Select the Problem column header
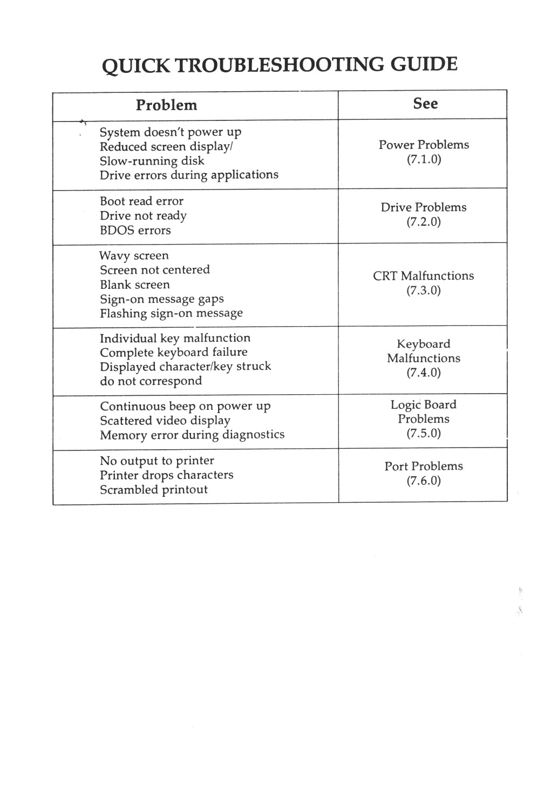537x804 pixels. point(166,105)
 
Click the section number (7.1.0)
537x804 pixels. point(424,159)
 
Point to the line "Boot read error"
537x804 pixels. point(141,201)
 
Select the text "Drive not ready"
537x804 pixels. point(143,216)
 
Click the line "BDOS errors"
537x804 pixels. point(135,231)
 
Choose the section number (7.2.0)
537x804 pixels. point(424,222)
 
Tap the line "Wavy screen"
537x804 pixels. point(134,256)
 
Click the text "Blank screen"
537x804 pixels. point(134,285)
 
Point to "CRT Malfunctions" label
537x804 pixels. point(423,276)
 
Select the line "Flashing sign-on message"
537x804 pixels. point(171,314)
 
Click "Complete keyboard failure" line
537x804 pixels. point(173,353)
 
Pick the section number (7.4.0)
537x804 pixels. point(424,373)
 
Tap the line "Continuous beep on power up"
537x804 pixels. point(185,407)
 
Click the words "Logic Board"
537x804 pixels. point(423,405)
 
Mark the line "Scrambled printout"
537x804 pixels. point(153,490)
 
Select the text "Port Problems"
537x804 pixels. point(424,467)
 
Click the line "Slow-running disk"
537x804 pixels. point(152,161)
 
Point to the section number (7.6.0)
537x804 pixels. point(424,481)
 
